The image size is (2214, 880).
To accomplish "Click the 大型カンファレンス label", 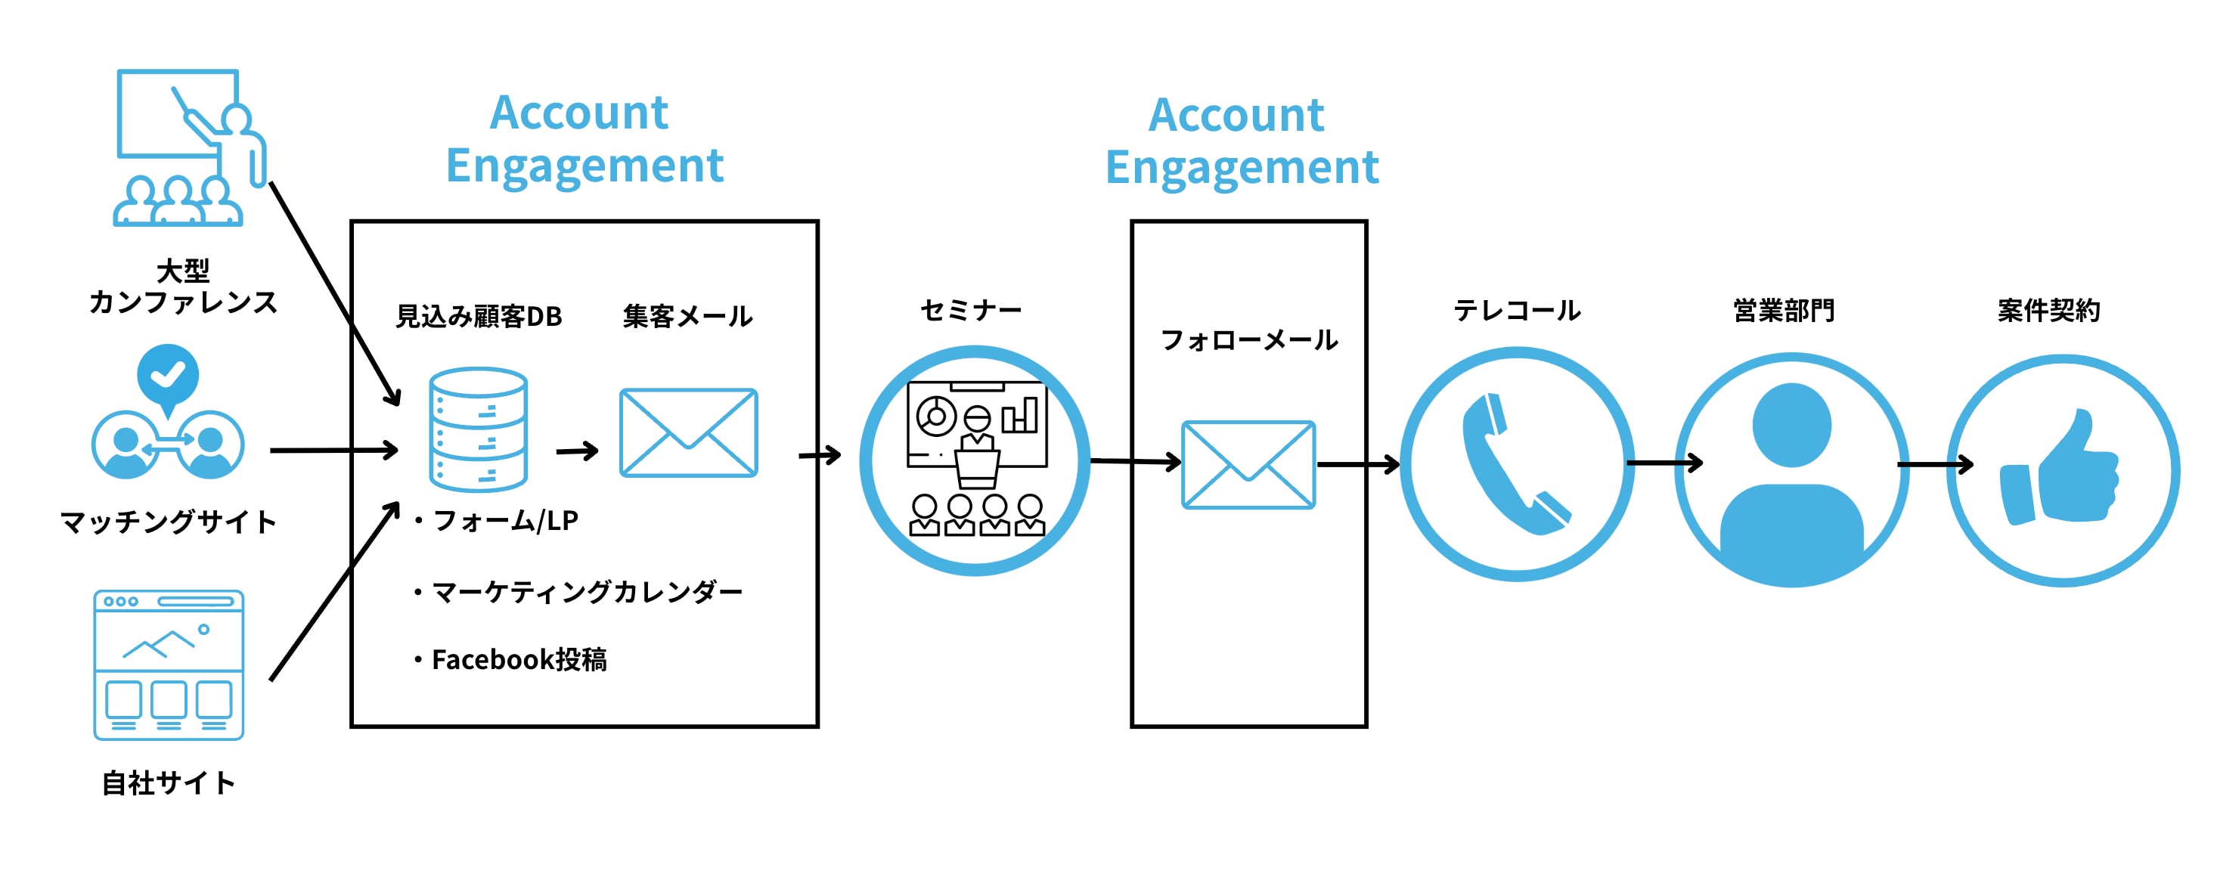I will click(x=183, y=287).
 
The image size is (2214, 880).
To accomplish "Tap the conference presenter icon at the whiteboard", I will click(x=190, y=146).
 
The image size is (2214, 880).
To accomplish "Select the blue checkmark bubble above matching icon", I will click(x=169, y=375).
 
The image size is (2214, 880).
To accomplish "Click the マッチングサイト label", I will click(x=169, y=522).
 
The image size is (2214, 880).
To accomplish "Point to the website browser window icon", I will click(x=169, y=665).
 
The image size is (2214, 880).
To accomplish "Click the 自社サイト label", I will click(x=169, y=783).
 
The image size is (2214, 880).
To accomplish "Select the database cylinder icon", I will click(x=478, y=429).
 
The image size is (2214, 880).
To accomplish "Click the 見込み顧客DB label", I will click(x=478, y=316).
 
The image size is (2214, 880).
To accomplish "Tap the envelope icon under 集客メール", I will click(x=687, y=432).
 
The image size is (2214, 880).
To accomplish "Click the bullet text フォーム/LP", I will click(x=504, y=520).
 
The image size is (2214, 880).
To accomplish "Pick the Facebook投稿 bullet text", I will click(x=518, y=659).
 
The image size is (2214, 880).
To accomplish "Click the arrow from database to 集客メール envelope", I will click(x=577, y=451).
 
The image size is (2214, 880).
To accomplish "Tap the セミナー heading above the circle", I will click(x=971, y=310).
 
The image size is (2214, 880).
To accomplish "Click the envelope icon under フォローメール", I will click(x=1248, y=464).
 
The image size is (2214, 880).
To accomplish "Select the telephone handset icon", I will click(x=1516, y=464).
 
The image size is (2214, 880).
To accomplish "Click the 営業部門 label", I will click(x=1785, y=310).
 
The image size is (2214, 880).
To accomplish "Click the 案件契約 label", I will click(x=2049, y=310).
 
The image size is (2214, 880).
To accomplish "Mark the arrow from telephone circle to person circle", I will click(x=1664, y=463).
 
